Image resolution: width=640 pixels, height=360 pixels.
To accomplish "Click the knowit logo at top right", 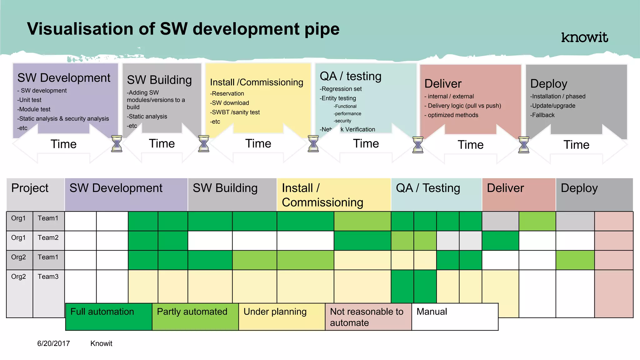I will pos(584,37).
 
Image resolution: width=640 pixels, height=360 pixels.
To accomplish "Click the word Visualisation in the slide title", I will pos(80,29).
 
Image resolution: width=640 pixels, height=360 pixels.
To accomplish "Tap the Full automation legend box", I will pos(108,316).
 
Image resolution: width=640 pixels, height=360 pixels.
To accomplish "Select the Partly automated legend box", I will pos(195,316).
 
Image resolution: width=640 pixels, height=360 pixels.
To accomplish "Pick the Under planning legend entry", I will pos(281,316).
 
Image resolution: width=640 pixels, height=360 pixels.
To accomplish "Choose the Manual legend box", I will pos(455,316).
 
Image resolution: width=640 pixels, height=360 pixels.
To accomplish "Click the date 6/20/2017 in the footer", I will pos(53,343).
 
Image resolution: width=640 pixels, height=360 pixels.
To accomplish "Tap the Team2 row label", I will pos(48,238).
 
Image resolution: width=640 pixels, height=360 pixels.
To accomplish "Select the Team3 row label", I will pos(48,277).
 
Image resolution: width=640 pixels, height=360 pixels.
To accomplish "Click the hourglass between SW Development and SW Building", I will pos(117,144).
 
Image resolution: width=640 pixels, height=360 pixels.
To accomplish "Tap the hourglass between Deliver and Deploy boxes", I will pos(523,145).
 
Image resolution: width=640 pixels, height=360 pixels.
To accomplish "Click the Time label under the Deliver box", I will pos(470,145).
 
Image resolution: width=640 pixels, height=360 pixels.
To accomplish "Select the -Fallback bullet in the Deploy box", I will pos(543,115).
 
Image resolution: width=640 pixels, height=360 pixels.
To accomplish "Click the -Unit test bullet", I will pos(30,100).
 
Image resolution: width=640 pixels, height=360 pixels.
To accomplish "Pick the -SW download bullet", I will pos(230,103).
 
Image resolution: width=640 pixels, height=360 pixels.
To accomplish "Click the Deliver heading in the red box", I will pos(443,84).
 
